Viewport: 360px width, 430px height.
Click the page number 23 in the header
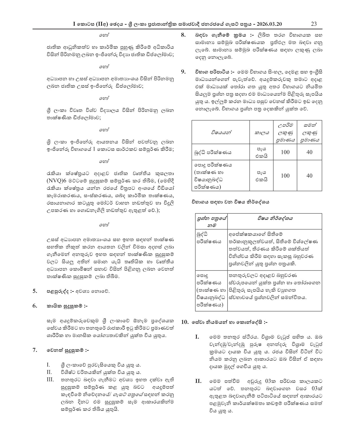[x=313, y=24]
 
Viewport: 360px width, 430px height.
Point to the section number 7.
[x=35, y=350]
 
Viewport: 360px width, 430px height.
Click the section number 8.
[x=183, y=35]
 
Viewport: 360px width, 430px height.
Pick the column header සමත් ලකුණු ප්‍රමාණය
[x=309, y=132]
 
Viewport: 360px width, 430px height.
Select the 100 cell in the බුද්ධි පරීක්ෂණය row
[x=285, y=152]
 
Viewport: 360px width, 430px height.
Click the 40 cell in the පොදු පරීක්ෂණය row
[x=309, y=176]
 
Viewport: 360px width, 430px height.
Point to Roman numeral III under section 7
[x=50, y=380]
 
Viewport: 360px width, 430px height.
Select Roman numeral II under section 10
[x=198, y=381]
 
